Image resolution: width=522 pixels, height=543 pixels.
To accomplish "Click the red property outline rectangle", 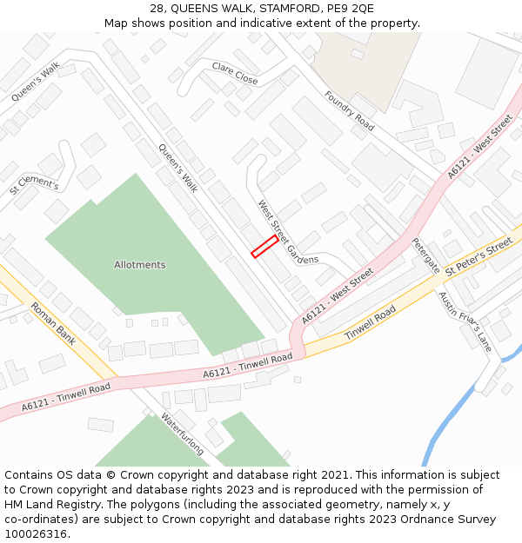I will pos(264,246).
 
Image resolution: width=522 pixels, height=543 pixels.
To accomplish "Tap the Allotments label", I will pos(139,264).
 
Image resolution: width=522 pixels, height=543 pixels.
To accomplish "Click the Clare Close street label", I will pos(235,73).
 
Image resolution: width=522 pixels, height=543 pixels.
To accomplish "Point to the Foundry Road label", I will pos(349,111).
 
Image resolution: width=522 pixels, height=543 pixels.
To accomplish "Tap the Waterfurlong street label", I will pos(182,433).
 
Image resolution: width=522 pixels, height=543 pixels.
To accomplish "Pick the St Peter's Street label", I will pos(478,258).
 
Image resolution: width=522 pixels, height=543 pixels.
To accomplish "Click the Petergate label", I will pos(425,255).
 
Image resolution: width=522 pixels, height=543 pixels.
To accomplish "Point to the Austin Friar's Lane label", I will pos(465,321).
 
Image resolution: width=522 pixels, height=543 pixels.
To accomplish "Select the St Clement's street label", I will pos(34,185).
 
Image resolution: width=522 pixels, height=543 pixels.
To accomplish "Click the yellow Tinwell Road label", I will pos(370,322).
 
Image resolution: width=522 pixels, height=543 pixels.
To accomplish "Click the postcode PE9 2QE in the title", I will pos(347,8).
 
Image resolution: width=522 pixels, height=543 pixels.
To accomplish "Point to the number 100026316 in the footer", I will pos(35,534).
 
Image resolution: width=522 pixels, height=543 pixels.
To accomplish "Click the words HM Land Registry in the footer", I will pos(47,505).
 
